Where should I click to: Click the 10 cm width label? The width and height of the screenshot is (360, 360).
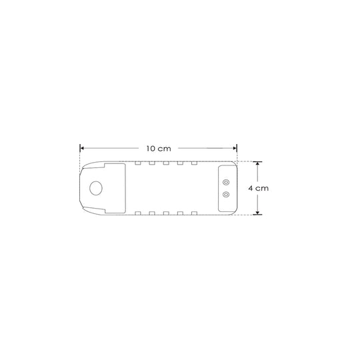click(x=159, y=149)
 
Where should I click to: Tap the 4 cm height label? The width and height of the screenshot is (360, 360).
click(x=258, y=188)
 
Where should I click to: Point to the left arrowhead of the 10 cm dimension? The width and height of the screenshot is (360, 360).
click(x=82, y=148)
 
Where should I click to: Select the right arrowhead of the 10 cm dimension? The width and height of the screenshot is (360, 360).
click(x=235, y=148)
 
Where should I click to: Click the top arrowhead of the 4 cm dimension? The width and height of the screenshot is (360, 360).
click(x=257, y=163)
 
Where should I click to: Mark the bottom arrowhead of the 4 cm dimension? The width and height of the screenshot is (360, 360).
click(x=257, y=213)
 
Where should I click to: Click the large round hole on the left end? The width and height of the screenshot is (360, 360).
click(x=96, y=188)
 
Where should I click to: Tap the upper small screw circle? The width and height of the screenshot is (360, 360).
click(x=226, y=182)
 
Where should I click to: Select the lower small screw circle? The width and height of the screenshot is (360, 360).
click(x=226, y=195)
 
